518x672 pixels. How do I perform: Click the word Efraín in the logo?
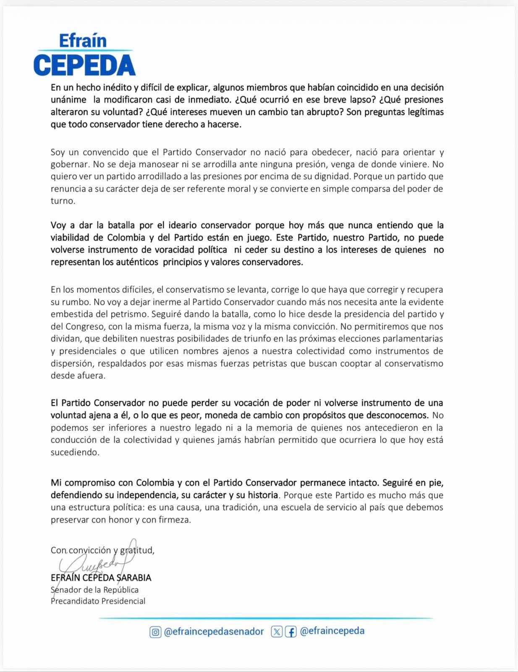pos(83,40)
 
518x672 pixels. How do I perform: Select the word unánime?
pos(68,100)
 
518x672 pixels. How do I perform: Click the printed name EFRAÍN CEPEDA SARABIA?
pos(101,578)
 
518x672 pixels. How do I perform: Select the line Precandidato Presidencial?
pos(98,601)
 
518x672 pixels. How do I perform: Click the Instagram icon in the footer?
pos(155,632)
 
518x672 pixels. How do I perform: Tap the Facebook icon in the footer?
pos(290,632)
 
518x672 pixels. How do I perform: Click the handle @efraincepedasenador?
pos(214,632)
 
